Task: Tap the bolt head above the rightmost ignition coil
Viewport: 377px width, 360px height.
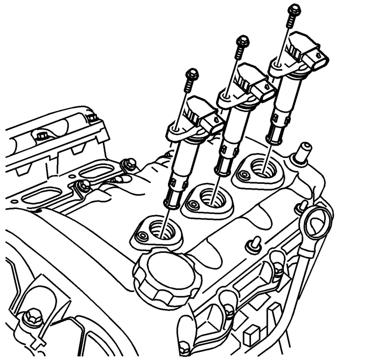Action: pos(294,9)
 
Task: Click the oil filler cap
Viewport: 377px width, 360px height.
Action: pos(167,273)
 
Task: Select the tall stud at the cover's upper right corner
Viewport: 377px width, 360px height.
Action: pos(303,150)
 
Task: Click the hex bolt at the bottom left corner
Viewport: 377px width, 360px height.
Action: pos(34,316)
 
